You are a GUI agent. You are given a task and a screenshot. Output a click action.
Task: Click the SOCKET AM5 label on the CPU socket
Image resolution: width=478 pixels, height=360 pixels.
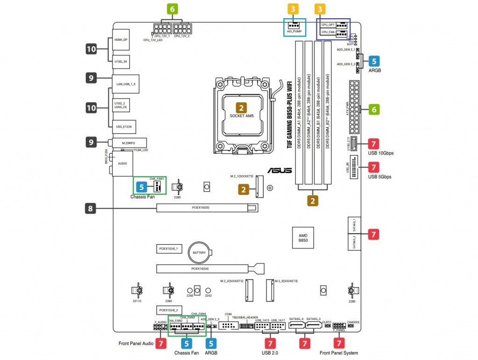click(241, 115)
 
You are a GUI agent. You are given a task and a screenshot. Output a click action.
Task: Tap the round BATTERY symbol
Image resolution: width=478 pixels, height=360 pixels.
click(199, 253)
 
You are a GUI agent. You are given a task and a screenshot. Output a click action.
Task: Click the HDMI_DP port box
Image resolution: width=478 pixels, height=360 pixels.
click(122, 40)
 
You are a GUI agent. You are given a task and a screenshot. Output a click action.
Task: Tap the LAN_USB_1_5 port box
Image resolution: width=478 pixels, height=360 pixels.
click(126, 84)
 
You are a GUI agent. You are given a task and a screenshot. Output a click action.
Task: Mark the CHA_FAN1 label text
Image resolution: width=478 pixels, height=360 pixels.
click(156, 178)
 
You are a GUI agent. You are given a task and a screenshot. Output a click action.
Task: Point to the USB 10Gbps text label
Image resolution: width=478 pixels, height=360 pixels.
click(380, 153)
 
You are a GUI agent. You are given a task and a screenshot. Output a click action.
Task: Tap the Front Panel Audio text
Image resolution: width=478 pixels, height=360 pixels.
click(136, 344)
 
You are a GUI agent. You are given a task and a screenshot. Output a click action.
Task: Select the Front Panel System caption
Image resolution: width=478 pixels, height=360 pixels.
click(338, 353)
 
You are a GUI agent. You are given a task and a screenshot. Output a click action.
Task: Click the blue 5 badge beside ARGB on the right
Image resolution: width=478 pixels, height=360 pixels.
click(374, 61)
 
